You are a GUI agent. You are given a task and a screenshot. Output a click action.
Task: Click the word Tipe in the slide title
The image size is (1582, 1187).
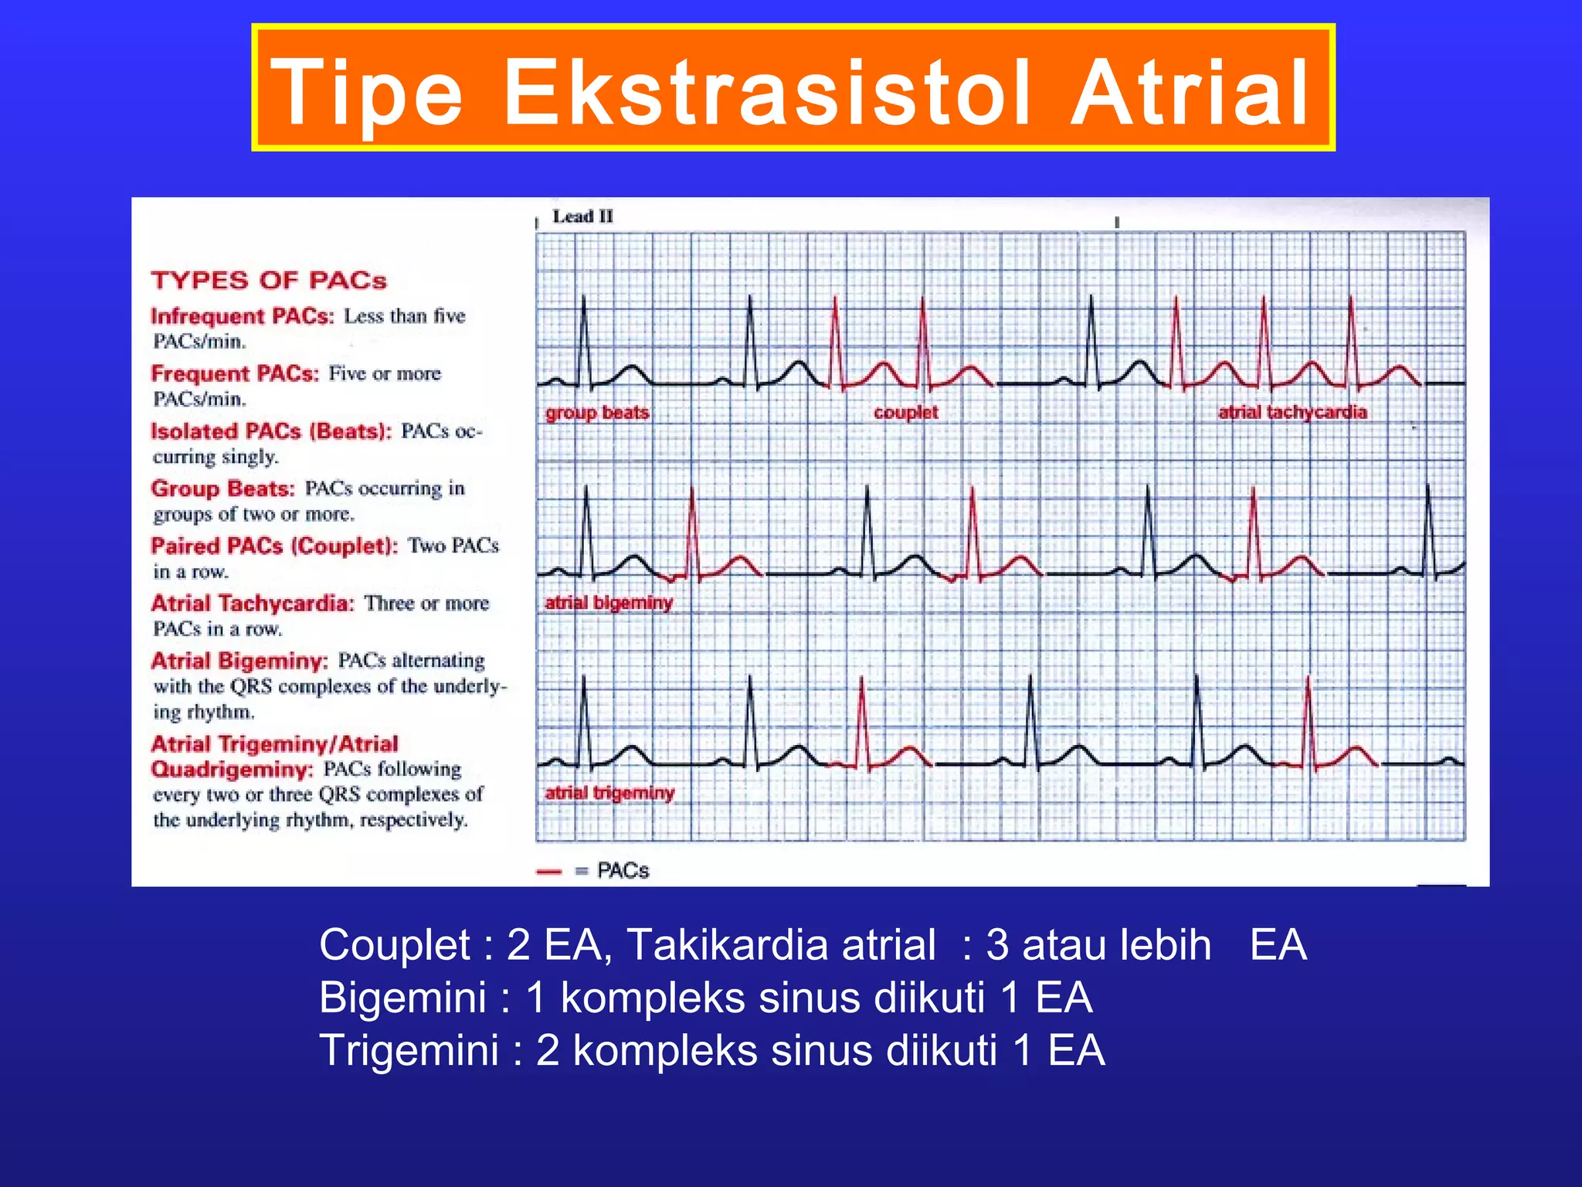[x=368, y=94]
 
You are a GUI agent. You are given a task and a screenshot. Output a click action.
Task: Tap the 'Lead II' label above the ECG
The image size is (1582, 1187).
[x=582, y=217]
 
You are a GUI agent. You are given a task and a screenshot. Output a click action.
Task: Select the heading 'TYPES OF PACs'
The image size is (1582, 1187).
[x=269, y=280]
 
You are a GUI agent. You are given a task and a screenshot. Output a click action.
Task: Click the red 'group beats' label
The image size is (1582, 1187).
[x=597, y=413]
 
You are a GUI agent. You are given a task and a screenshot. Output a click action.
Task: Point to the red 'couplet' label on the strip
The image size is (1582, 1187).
[x=905, y=413]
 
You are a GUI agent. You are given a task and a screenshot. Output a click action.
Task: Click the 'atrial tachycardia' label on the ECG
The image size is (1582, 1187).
[x=1292, y=413]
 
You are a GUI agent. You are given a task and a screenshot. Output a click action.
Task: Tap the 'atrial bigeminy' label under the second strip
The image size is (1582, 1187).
[x=609, y=603]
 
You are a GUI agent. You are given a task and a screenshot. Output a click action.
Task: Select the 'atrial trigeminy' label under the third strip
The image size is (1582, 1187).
[x=609, y=793]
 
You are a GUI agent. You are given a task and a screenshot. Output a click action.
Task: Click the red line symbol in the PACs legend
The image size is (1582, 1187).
[x=548, y=872]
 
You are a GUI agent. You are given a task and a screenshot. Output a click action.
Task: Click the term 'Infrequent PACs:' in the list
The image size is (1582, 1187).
[x=243, y=316]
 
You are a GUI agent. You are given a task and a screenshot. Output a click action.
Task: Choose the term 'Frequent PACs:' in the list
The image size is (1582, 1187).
[x=235, y=374]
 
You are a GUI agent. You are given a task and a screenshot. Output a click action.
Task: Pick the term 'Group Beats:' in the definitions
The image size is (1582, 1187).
[x=223, y=488]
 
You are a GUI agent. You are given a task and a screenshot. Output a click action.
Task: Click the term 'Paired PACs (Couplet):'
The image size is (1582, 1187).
[x=274, y=546]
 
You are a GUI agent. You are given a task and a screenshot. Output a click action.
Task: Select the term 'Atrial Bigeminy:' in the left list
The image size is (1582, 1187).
[x=239, y=661]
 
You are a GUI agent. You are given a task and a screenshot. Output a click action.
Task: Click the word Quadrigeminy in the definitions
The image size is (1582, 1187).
[x=232, y=770]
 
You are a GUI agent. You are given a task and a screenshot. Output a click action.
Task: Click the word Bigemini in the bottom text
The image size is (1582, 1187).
[x=402, y=998]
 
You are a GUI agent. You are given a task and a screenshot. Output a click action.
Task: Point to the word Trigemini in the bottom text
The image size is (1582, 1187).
[x=409, y=1051]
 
